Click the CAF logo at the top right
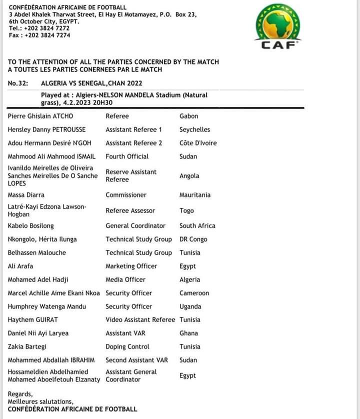[278, 27]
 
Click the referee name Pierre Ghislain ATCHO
[40, 116]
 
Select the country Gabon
[188, 116]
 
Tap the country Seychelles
[194, 129]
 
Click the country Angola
[189, 176]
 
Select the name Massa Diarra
[26, 195]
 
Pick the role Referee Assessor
[130, 210]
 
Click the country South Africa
[197, 225]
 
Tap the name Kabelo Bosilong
[31, 225]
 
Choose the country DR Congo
[193, 239]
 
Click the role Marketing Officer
[131, 266]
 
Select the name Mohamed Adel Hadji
[38, 279]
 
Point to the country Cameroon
[194, 293]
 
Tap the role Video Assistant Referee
[140, 319]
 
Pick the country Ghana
[188, 333]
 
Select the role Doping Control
[127, 346]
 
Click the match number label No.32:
[18, 83]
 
